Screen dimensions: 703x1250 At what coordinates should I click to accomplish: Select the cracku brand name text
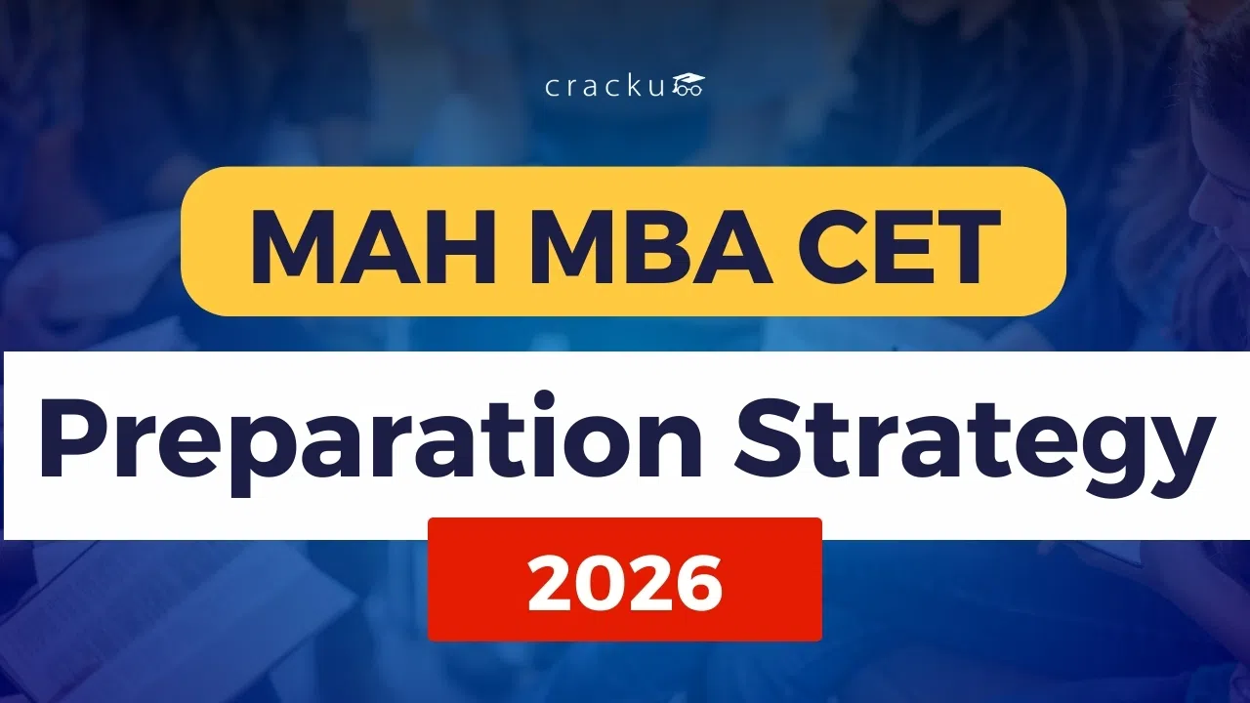coord(606,87)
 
